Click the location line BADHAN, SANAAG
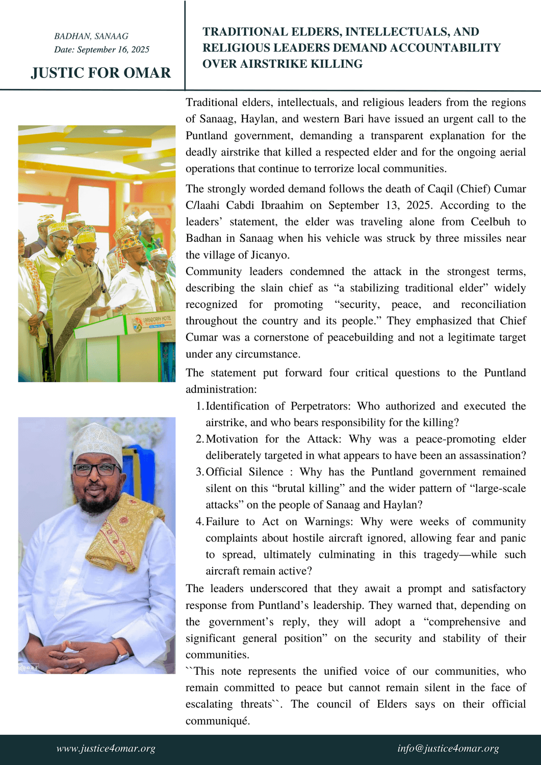click(x=91, y=36)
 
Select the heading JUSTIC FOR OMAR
click(x=101, y=73)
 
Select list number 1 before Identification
click(x=199, y=406)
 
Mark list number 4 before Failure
click(x=199, y=522)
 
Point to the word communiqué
click(x=217, y=721)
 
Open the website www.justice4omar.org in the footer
click(x=106, y=749)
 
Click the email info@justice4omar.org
click(x=448, y=749)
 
